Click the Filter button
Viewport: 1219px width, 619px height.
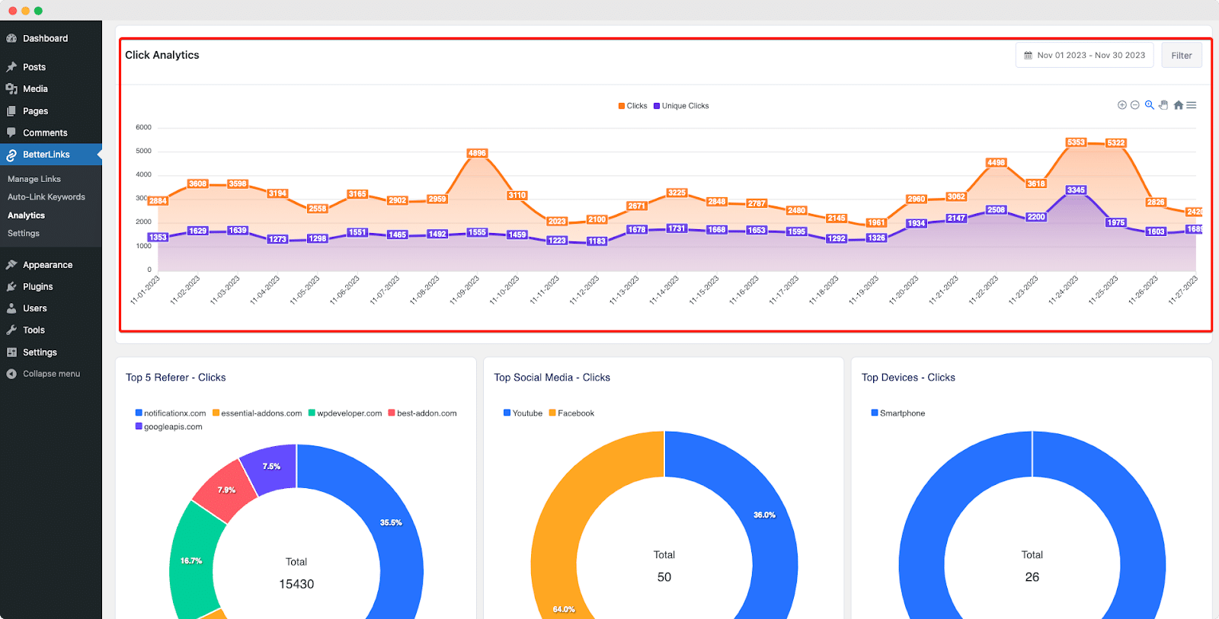click(1181, 56)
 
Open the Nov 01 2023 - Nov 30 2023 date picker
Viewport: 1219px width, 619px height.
click(1084, 56)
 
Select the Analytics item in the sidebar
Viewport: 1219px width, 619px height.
click(27, 215)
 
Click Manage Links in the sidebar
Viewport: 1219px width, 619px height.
click(34, 179)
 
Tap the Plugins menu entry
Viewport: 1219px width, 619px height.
click(37, 287)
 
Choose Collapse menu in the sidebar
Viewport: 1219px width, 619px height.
click(51, 374)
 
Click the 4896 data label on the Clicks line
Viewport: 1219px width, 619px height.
click(477, 153)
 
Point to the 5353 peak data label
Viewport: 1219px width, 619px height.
click(1076, 142)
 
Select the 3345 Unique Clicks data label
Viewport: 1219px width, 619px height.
click(1076, 190)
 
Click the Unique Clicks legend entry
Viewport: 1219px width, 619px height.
click(684, 106)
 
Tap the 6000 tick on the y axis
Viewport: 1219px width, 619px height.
click(143, 127)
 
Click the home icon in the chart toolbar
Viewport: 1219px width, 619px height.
click(1179, 105)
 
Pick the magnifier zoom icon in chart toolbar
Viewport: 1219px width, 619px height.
click(1149, 105)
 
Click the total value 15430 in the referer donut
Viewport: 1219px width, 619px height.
click(296, 584)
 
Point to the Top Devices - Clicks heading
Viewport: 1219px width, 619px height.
click(908, 378)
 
